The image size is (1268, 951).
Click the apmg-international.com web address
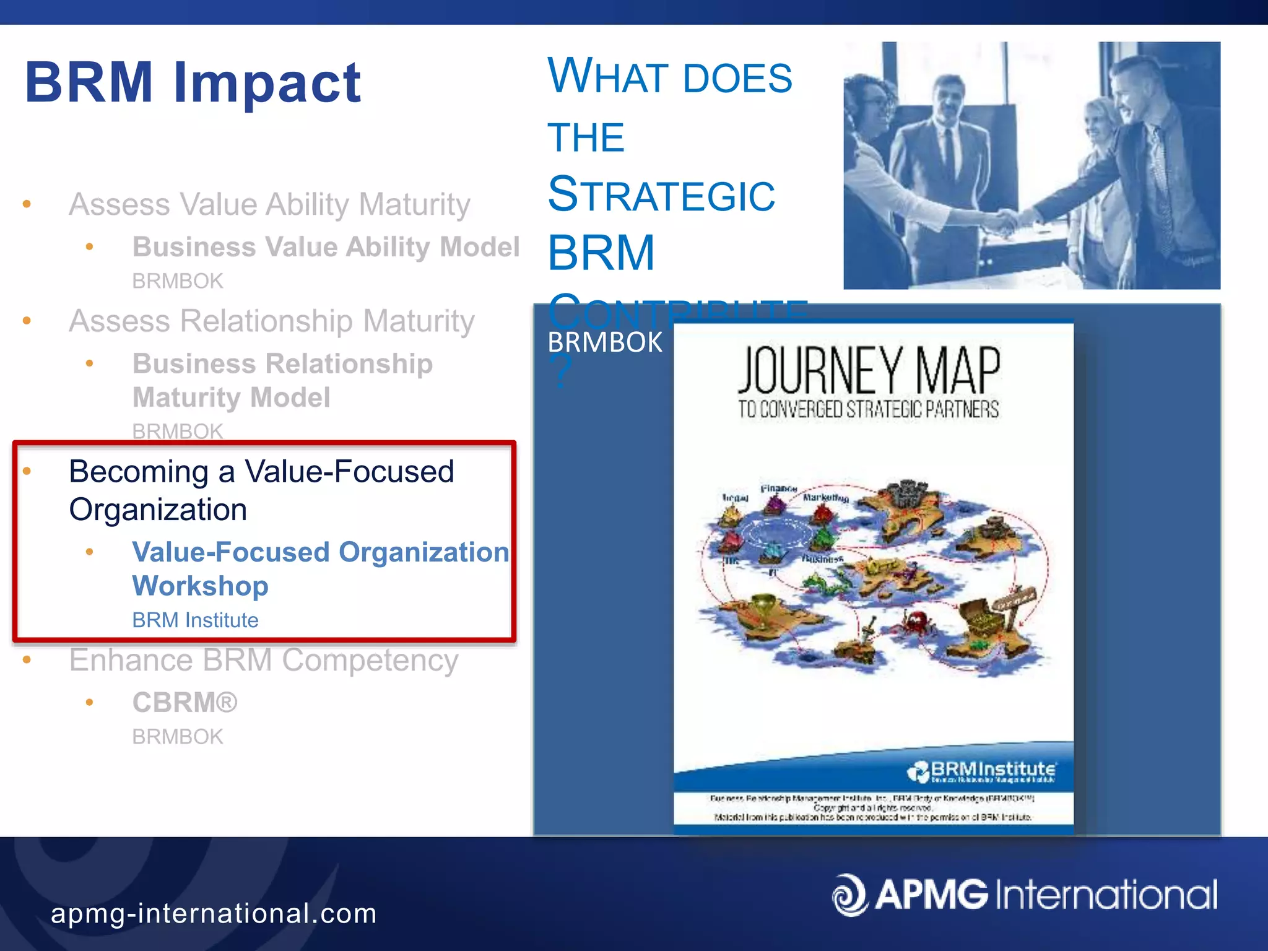click(x=214, y=913)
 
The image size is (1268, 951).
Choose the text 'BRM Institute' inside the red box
click(x=195, y=620)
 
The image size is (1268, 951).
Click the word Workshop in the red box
click(x=200, y=586)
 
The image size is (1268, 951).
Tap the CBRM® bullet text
click(x=185, y=702)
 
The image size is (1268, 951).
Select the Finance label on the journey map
click(x=778, y=489)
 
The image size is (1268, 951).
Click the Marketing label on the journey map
click(x=825, y=497)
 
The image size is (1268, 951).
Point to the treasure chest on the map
click(x=983, y=615)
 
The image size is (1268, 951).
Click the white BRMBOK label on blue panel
click(x=605, y=342)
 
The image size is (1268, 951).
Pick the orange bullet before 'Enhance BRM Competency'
click(x=27, y=660)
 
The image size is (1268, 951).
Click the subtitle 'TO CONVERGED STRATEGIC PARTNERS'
click(x=868, y=409)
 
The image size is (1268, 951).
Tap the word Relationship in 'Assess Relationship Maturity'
click(x=272, y=321)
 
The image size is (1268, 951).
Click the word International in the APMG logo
click(x=1107, y=895)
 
